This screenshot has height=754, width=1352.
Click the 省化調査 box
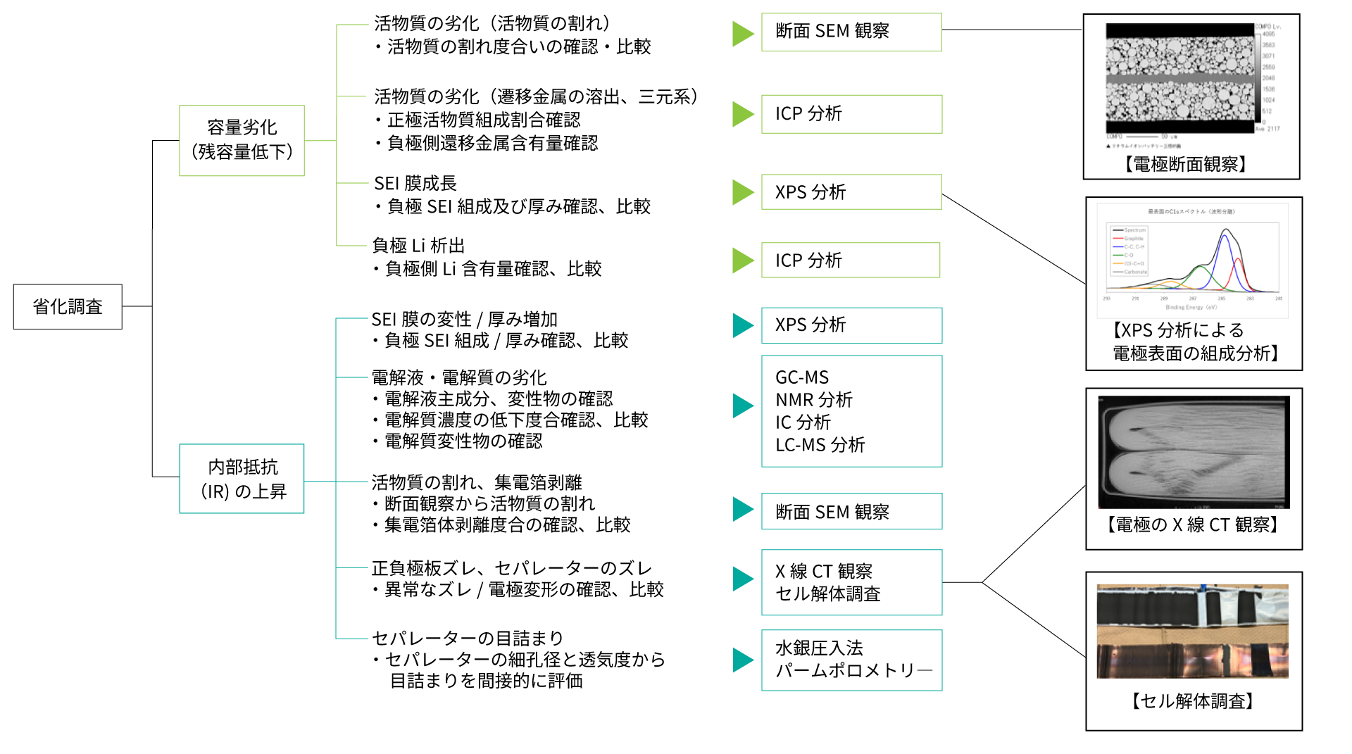pyautogui.click(x=68, y=307)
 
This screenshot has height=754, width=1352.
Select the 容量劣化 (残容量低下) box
pyautogui.click(x=242, y=141)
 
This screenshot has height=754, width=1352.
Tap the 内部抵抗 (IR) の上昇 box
pyautogui.click(x=242, y=479)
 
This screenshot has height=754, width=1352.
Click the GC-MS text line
pyautogui.click(x=802, y=377)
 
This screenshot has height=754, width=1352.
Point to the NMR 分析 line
pyautogui.click(x=814, y=400)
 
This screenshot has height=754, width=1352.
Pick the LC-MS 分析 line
pyautogui.click(x=820, y=445)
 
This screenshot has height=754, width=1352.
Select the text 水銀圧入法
pyautogui.click(x=819, y=648)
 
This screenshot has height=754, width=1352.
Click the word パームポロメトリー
pyautogui.click(x=853, y=670)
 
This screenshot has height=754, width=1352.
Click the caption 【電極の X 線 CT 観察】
pyautogui.click(x=1193, y=524)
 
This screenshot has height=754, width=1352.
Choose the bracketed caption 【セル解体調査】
pyautogui.click(x=1193, y=701)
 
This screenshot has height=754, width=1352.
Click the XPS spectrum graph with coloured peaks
pyautogui.click(x=1194, y=260)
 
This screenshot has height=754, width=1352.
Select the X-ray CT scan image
pyautogui.click(x=1194, y=451)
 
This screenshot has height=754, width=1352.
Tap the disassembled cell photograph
pyautogui.click(x=1192, y=632)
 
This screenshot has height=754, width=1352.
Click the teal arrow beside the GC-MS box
pyautogui.click(x=743, y=406)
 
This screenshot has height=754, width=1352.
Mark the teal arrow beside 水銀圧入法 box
pyautogui.click(x=743, y=660)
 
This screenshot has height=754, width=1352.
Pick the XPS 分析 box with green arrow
pyautogui.click(x=851, y=192)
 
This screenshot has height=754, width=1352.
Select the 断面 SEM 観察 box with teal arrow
pyautogui.click(x=851, y=512)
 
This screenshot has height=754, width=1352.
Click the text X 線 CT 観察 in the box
pyautogui.click(x=824, y=571)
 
